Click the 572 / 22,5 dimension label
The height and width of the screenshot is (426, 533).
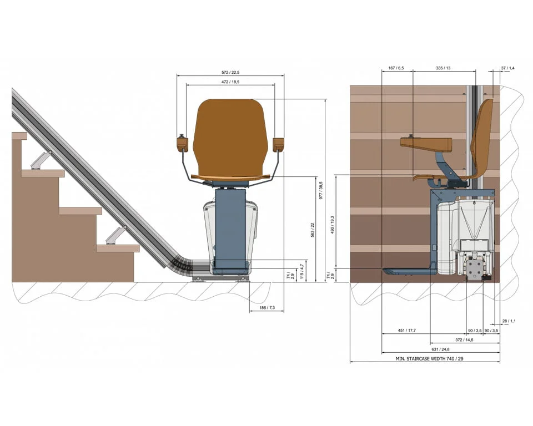click(230, 72)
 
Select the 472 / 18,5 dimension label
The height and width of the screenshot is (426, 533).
click(230, 82)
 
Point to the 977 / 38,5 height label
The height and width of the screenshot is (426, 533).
click(321, 191)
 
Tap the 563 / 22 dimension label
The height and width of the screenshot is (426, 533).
click(313, 230)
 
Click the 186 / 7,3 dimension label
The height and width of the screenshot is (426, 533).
click(267, 308)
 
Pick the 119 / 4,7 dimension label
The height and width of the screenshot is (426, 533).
click(301, 271)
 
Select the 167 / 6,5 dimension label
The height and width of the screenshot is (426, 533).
click(396, 68)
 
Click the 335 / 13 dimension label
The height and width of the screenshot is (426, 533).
click(443, 68)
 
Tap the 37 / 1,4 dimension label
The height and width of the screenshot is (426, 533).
click(508, 68)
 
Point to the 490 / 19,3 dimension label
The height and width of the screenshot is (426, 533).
click(333, 225)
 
